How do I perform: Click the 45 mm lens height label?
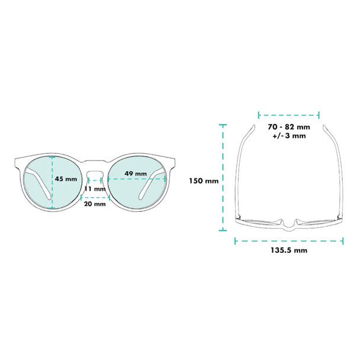point(66,179)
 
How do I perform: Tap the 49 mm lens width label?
point(136,173)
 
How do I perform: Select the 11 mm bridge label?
point(95,189)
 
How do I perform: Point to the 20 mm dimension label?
point(95,204)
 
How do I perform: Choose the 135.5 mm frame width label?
point(288,250)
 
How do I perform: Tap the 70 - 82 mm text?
point(288,127)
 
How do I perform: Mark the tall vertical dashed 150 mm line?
point(223,178)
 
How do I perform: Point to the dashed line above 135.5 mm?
point(289,240)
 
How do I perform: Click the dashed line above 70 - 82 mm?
point(289,114)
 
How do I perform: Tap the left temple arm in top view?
point(242,172)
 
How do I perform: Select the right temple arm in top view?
point(336,172)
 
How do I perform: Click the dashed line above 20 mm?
point(95,197)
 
